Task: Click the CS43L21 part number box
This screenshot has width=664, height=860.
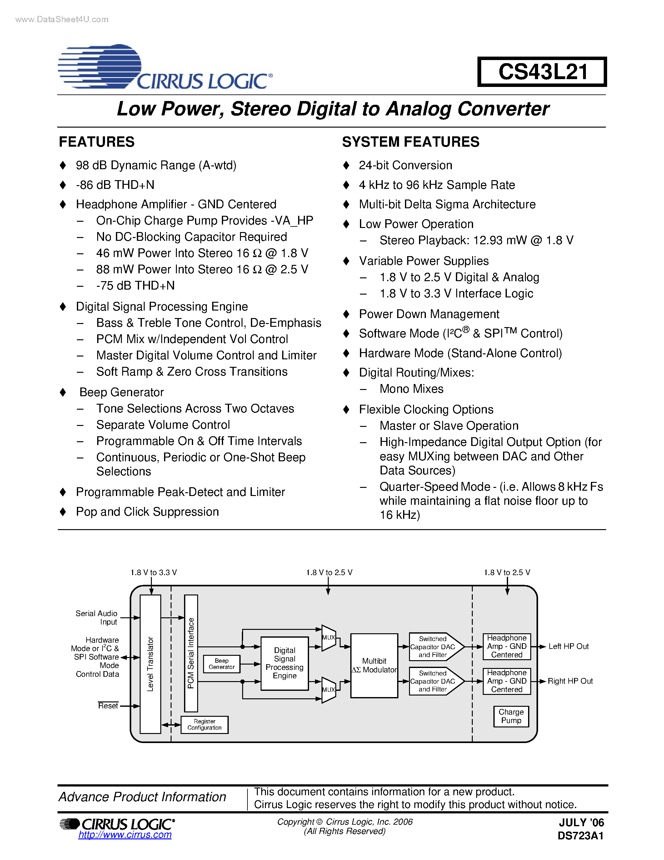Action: click(x=542, y=72)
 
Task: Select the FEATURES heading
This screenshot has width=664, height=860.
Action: click(x=97, y=142)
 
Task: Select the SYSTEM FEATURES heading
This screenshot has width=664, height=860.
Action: click(x=411, y=142)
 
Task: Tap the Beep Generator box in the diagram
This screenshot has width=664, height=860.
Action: click(x=222, y=664)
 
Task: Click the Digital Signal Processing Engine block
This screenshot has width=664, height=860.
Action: click(x=284, y=663)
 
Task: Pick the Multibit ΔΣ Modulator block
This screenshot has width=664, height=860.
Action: click(x=374, y=665)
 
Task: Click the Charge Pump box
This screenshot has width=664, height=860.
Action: click(x=511, y=716)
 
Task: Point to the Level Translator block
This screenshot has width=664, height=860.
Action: click(x=150, y=664)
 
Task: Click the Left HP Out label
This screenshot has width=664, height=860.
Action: click(x=568, y=646)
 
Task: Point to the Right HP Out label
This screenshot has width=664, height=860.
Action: click(x=570, y=681)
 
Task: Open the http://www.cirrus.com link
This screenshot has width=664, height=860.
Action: click(x=125, y=834)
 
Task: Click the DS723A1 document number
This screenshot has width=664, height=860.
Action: click(x=580, y=836)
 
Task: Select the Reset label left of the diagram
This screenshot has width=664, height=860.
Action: click(x=108, y=706)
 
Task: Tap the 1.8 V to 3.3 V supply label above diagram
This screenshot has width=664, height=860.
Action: click(x=153, y=572)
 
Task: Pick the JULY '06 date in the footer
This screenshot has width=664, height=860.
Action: click(x=582, y=822)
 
